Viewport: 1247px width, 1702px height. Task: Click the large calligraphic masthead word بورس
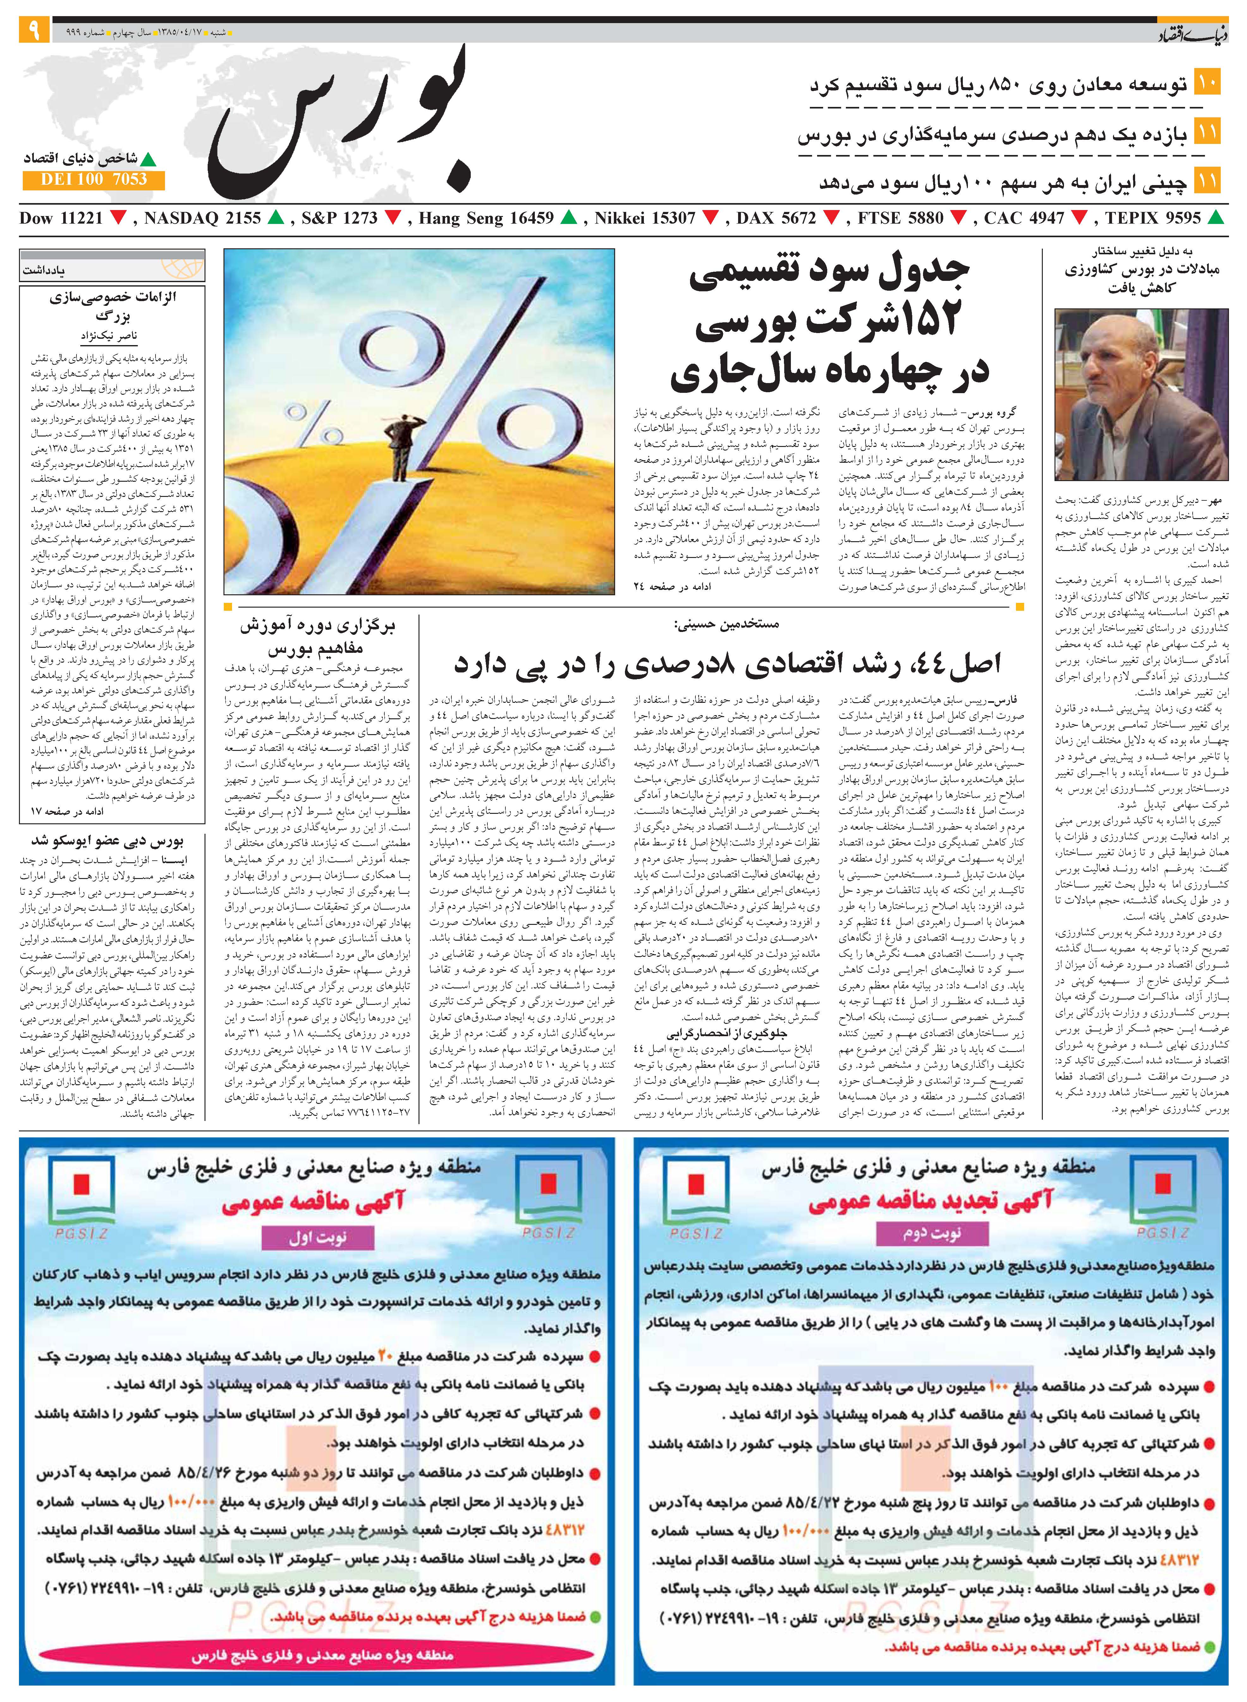coord(340,125)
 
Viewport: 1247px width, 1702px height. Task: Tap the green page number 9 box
coord(34,31)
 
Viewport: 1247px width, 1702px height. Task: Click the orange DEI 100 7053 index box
coord(94,180)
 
